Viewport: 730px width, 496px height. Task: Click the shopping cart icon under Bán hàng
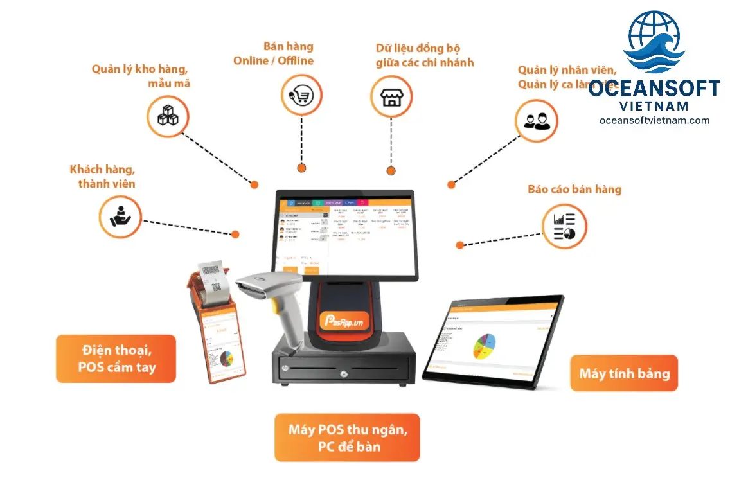[302, 95]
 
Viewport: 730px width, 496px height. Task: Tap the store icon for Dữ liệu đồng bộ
[391, 97]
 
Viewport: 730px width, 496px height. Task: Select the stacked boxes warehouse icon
[168, 116]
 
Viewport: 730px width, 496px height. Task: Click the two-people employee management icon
[536, 120]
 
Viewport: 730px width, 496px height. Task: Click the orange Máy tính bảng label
[624, 373]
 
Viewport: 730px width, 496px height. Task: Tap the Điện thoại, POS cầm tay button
[116, 359]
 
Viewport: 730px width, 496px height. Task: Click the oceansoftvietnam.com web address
[654, 120]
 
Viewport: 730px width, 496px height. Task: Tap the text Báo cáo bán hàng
[574, 190]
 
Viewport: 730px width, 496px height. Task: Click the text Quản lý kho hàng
[139, 69]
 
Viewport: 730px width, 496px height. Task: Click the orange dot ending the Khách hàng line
[235, 235]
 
